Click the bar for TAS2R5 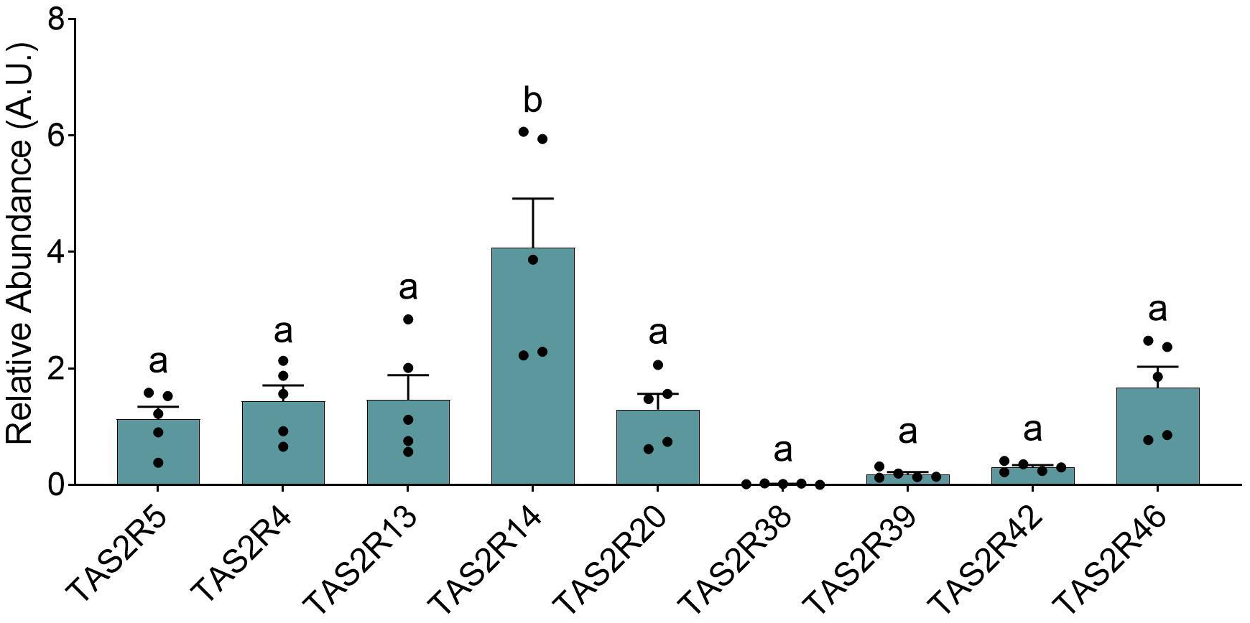point(158,452)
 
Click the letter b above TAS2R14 point(532,101)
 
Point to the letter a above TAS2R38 point(782,451)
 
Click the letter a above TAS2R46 point(1157,310)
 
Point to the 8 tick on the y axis point(56,19)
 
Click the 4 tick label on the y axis point(56,252)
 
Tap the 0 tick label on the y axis point(56,484)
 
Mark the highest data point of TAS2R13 point(408,319)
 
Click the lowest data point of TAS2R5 point(158,463)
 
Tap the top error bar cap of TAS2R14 point(532,199)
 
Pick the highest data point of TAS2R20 point(657,365)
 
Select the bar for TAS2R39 point(907,479)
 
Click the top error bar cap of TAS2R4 point(283,385)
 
